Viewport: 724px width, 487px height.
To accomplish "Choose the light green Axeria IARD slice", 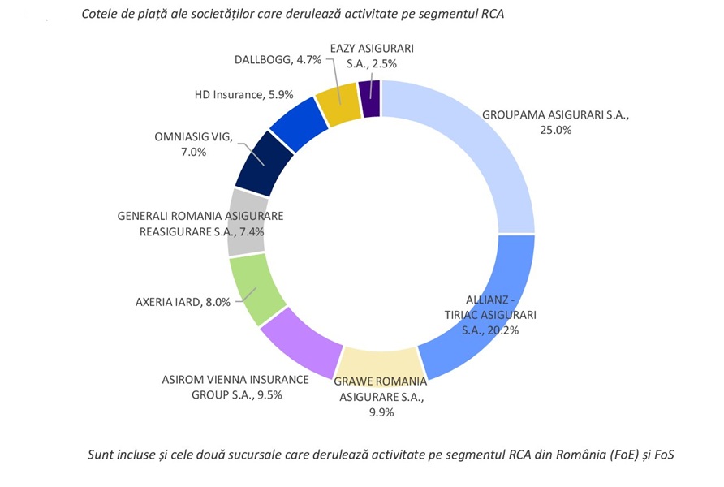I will coord(255,288).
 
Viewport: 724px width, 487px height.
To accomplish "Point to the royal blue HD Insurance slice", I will coord(297,123).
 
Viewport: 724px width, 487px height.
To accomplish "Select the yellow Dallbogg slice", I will coord(338,103).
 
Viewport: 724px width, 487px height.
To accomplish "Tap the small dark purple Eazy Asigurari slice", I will coord(372,97).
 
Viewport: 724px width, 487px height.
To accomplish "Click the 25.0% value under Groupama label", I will coord(556,130).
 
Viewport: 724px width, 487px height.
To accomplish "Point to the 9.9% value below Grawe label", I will coord(381,412).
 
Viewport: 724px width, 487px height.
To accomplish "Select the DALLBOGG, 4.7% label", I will coord(278,59).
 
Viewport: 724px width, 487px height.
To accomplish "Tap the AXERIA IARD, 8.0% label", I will coord(183,302).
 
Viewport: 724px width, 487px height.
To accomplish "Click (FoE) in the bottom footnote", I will coord(620,455).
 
